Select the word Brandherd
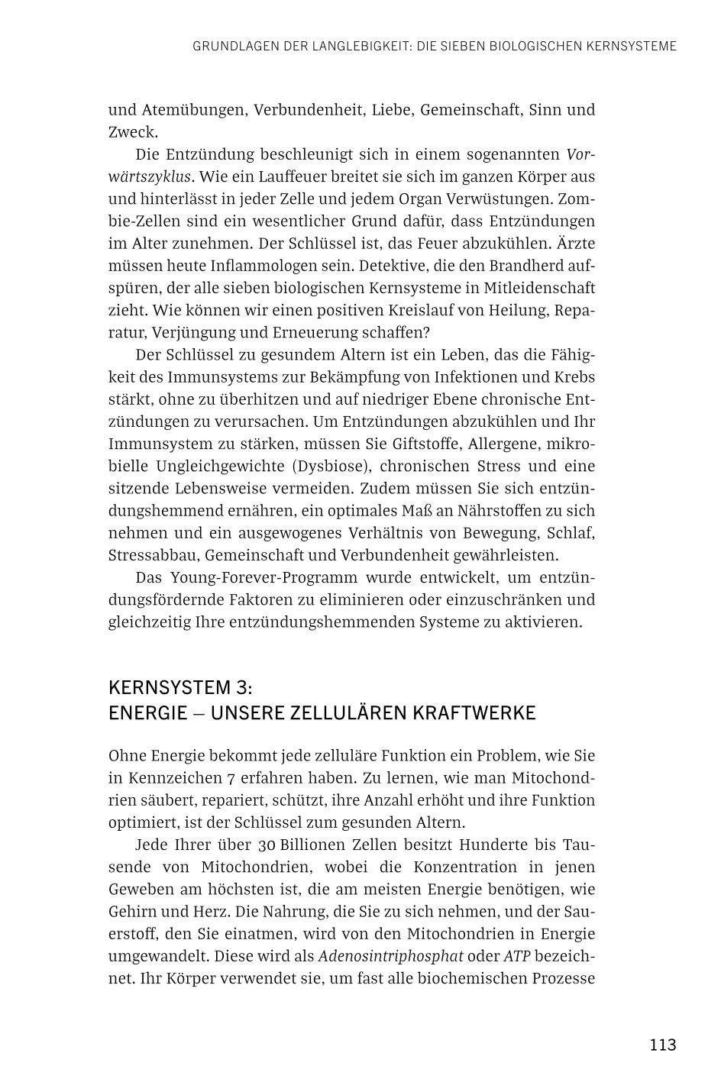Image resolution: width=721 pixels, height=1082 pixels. click(525, 265)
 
